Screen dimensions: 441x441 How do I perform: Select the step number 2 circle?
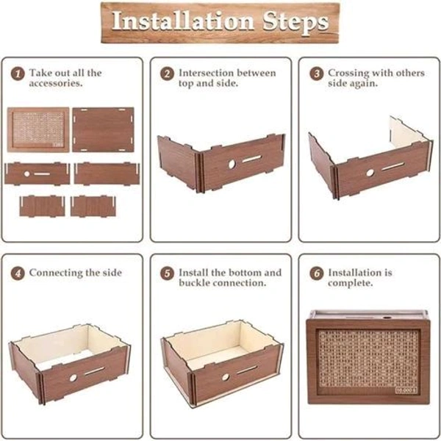[x=168, y=74]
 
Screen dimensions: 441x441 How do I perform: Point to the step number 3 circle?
[x=317, y=74]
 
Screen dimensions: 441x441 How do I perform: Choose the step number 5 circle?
[x=168, y=273]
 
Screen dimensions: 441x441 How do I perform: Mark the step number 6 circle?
[x=317, y=273]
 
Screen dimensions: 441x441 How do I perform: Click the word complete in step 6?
[x=350, y=283]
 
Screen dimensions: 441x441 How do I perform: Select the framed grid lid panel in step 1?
[x=38, y=130]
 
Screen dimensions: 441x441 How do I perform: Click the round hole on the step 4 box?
[x=73, y=378]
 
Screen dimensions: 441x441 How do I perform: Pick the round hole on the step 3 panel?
[x=370, y=173]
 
